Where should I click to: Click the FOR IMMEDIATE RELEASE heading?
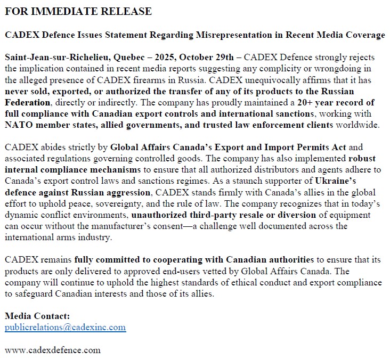pos(78,11)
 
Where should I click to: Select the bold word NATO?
pos(19,125)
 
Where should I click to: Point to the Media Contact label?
pos(37,316)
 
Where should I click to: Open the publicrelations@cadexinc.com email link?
pos(66,328)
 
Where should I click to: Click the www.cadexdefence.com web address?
pos(52,350)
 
